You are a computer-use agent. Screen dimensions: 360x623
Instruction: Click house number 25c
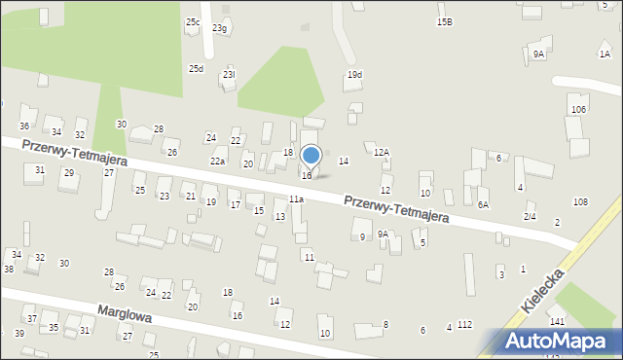click(193, 21)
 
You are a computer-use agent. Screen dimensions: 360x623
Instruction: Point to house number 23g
click(220, 28)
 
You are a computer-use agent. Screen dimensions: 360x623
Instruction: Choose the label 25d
click(196, 68)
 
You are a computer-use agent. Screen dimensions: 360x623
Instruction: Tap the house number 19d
click(354, 75)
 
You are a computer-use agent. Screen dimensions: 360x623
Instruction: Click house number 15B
click(444, 21)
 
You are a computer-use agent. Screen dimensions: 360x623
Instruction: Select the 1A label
click(605, 54)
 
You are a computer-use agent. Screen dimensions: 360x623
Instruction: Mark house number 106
click(579, 109)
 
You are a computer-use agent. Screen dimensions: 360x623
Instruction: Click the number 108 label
click(580, 201)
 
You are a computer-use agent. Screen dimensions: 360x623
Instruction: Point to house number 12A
click(382, 152)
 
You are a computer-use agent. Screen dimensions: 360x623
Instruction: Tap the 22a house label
click(217, 162)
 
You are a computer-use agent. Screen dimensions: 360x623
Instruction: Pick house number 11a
click(296, 199)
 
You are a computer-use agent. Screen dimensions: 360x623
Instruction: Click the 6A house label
click(483, 205)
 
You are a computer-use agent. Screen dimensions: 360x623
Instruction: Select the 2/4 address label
click(530, 216)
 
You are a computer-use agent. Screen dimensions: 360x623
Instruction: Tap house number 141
click(557, 321)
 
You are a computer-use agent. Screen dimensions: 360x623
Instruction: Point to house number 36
click(23, 126)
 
